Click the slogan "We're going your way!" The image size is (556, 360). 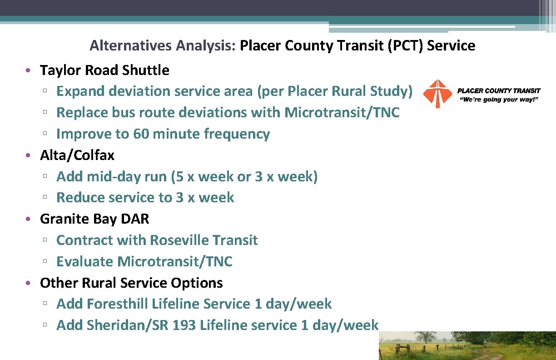(x=499, y=99)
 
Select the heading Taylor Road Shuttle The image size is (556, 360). (x=104, y=70)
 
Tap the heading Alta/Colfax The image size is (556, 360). (x=77, y=155)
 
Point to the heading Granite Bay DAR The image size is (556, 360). (x=94, y=219)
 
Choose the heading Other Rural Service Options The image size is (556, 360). (x=131, y=283)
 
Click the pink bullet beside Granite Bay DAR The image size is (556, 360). (x=28, y=219)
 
